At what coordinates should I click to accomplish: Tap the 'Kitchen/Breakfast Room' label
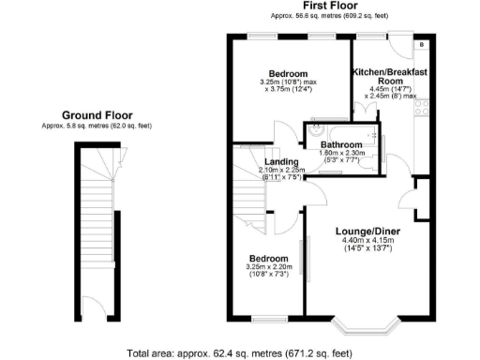389,77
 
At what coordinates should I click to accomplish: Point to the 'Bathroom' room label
340,145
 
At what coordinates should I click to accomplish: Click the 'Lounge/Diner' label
368,231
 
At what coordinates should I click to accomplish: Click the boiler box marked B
421,44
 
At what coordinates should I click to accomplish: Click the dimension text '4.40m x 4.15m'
368,241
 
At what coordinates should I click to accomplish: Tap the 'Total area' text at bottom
239,352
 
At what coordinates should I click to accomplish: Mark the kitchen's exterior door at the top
397,44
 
